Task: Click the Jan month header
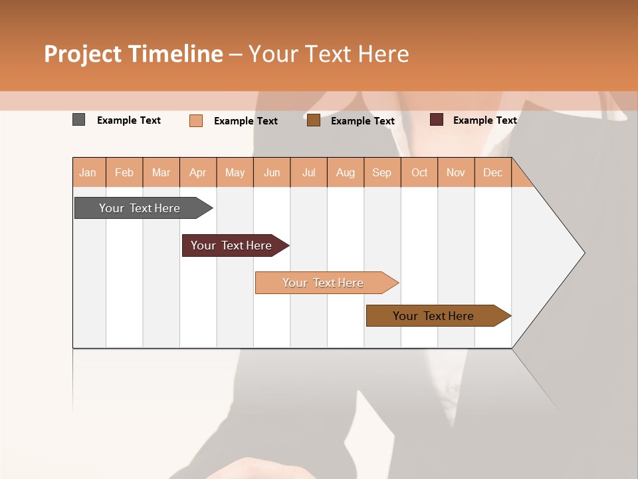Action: tap(88, 172)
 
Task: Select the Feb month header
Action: tap(124, 172)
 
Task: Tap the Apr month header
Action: tap(198, 172)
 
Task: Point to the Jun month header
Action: tap(272, 172)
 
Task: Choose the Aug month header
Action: tap(346, 172)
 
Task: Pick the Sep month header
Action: tap(382, 172)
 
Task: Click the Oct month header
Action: tap(419, 172)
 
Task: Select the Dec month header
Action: tap(493, 172)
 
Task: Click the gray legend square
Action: tap(79, 120)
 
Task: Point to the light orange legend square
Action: tap(196, 120)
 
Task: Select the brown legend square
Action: tap(314, 120)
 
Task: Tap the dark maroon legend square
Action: tap(437, 120)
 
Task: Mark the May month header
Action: tap(235, 172)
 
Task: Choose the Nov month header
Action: tap(456, 172)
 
